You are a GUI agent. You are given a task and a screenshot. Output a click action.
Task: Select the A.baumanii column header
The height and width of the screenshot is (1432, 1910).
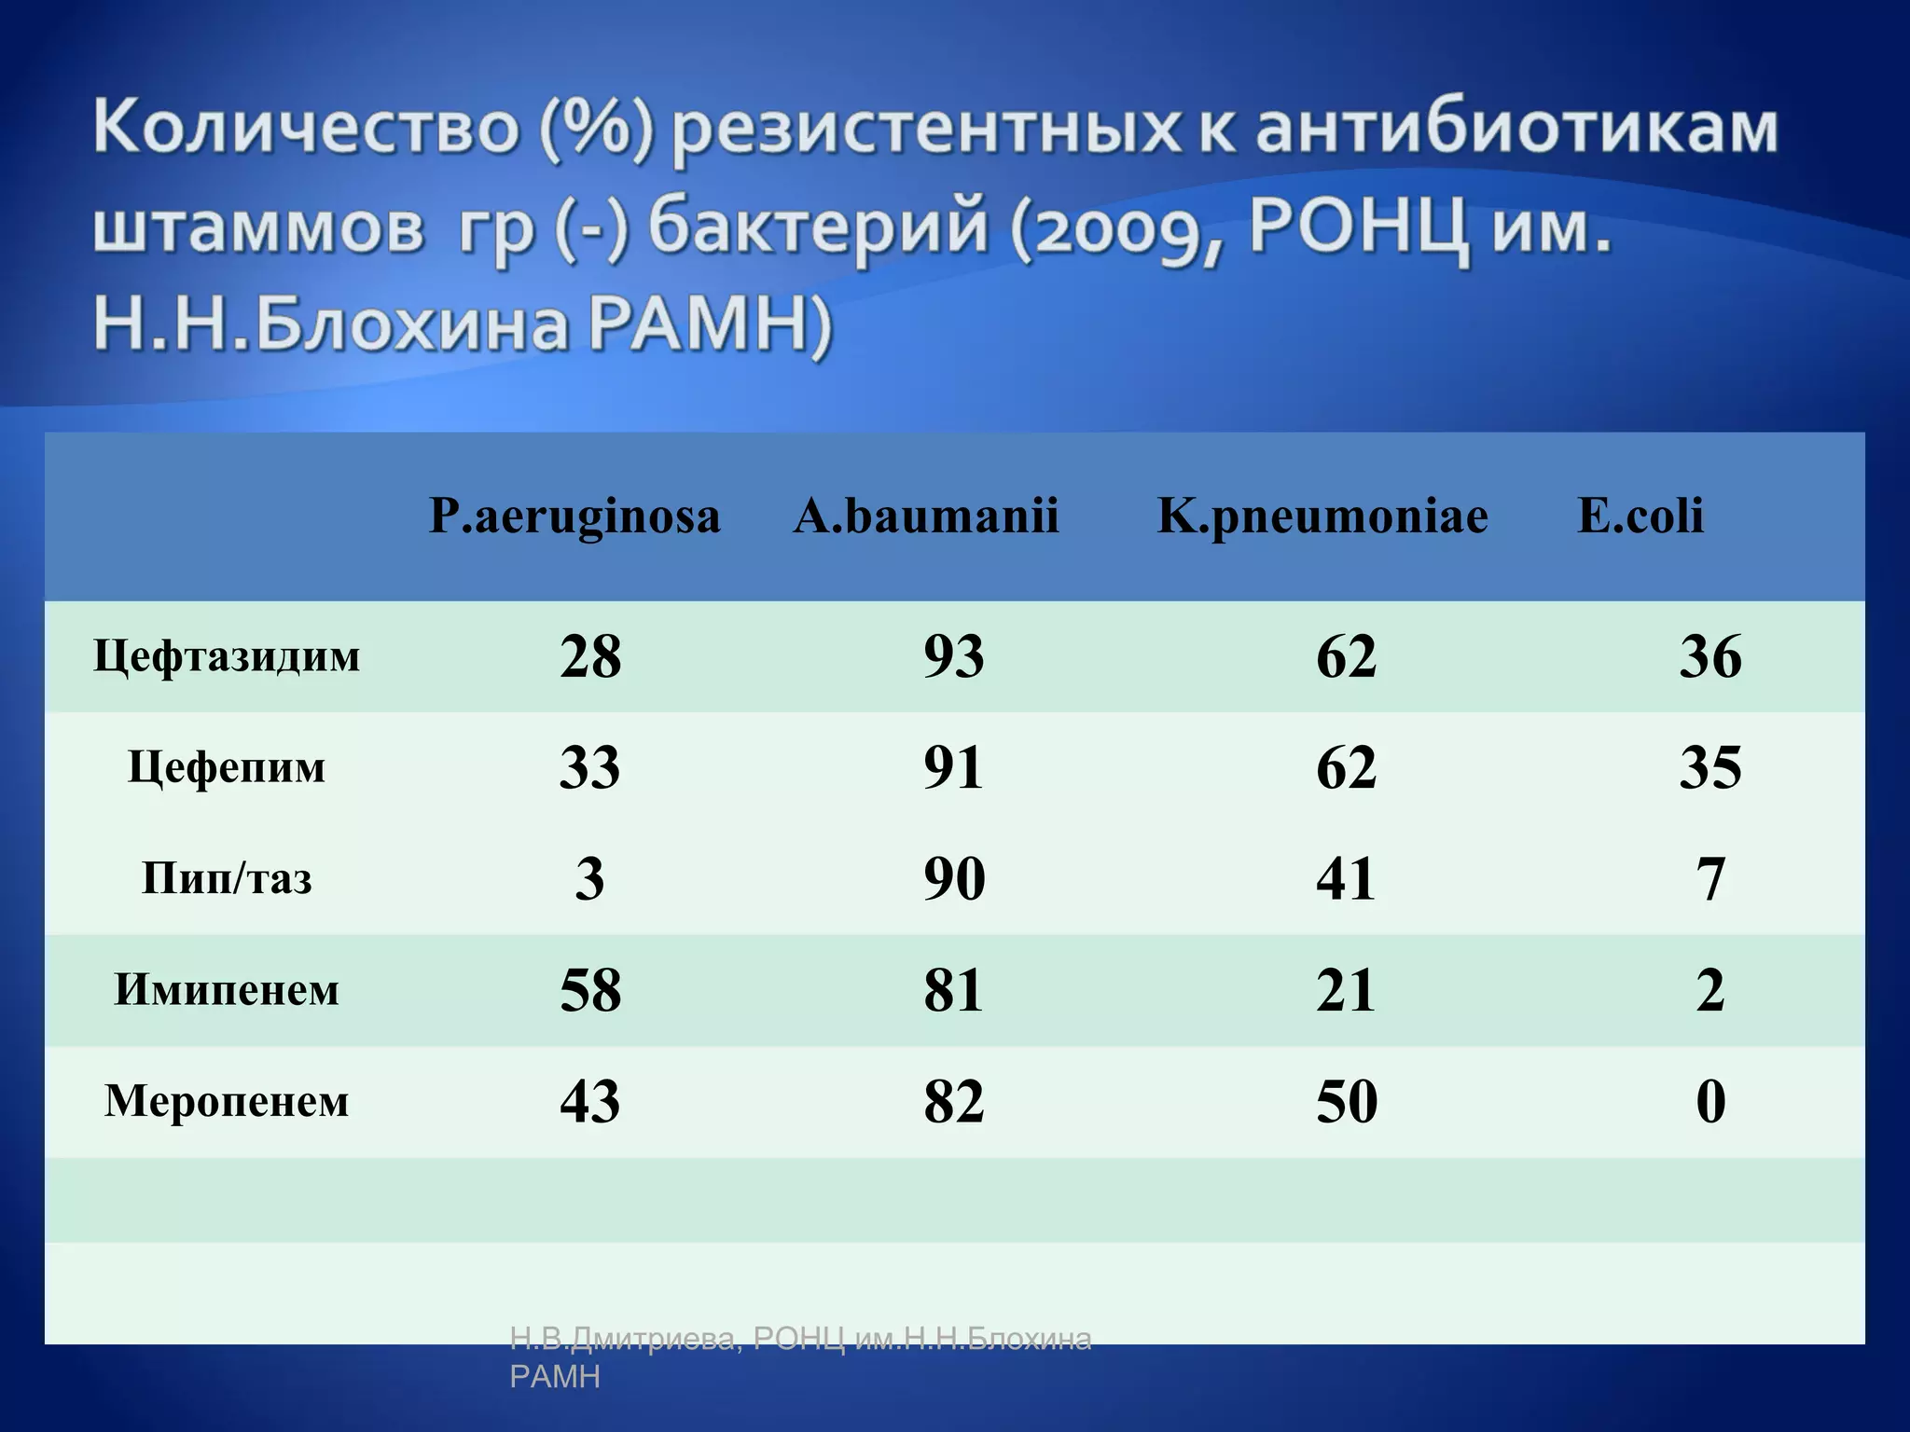pos(926,516)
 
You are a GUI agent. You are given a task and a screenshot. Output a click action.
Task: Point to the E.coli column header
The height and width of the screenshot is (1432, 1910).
pos(1640,516)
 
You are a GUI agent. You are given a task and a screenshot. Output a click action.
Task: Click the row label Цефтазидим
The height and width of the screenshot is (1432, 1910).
pos(227,656)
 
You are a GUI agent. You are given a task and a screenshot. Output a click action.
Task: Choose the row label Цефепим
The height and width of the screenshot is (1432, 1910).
pos(227,768)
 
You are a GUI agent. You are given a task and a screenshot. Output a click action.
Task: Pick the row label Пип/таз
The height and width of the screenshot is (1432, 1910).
pos(227,878)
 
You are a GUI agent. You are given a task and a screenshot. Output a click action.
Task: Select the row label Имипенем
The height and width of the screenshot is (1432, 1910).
pos(227,990)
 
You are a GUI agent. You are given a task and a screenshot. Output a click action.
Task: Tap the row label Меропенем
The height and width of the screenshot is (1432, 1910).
pos(227,1101)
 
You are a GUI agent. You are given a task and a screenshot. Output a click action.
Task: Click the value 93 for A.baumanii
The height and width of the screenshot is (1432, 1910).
pos(954,656)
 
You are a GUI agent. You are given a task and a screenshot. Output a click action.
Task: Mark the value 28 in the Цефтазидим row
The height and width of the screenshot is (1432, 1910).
pos(590,656)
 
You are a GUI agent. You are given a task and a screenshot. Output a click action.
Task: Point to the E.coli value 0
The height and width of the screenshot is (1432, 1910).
pos(1710,1101)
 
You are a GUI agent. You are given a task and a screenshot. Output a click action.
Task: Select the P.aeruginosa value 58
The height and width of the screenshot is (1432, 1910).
pos(590,990)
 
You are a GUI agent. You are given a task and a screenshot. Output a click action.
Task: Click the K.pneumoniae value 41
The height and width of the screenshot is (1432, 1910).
pos(1346,878)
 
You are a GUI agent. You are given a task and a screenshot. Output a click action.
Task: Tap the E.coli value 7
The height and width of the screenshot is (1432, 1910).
pos(1710,878)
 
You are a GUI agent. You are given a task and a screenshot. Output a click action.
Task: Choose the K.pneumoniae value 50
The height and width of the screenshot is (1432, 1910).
pos(1346,1101)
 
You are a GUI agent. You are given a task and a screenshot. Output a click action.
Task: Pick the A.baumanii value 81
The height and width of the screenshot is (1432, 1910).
pos(954,990)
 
